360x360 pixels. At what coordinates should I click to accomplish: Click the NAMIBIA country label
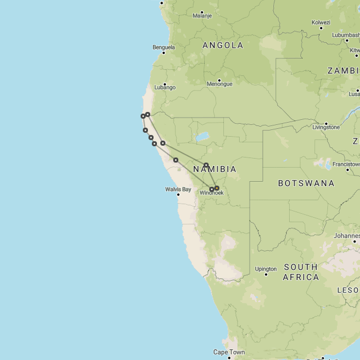tap(214, 169)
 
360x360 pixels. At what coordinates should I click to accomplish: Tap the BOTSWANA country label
tap(306, 183)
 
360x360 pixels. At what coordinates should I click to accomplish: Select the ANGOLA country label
tap(223, 46)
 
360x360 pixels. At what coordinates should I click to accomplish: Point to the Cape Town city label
tap(229, 353)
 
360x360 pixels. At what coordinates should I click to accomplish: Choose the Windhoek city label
tap(211, 193)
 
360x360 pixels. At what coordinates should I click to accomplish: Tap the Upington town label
tap(265, 269)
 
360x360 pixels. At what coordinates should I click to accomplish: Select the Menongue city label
tap(219, 84)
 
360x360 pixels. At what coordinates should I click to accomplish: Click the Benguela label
tap(163, 48)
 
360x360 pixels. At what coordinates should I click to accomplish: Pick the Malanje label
tap(202, 16)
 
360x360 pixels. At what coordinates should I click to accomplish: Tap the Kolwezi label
tap(321, 22)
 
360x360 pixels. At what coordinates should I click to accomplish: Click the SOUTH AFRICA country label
tap(300, 272)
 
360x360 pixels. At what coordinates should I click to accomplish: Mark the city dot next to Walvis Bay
tap(178, 195)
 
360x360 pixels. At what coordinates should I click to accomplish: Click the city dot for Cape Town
tap(229, 358)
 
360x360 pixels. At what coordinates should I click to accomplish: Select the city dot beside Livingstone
tap(326, 123)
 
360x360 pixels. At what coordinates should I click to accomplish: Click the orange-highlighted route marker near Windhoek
tap(217, 188)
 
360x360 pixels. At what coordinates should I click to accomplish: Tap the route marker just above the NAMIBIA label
tap(206, 165)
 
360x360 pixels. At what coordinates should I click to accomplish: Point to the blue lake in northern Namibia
tap(201, 137)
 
